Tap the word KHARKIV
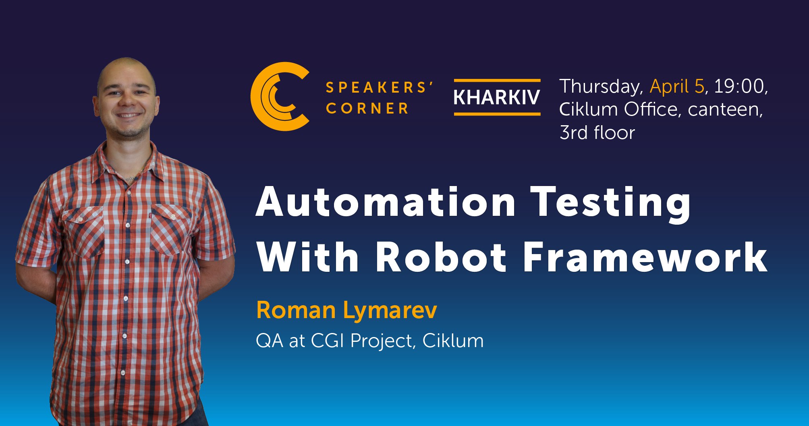pyautogui.click(x=497, y=97)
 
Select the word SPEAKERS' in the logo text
pyautogui.click(x=379, y=87)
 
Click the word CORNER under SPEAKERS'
pyautogui.click(x=367, y=108)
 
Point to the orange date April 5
pyautogui.click(x=677, y=86)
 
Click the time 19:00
pyautogui.click(x=739, y=86)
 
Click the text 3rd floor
pyautogui.click(x=597, y=132)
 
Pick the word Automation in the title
pyautogui.click(x=386, y=202)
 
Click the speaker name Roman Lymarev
pyautogui.click(x=346, y=310)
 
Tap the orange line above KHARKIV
pyautogui.click(x=497, y=81)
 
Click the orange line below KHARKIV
pyautogui.click(x=497, y=114)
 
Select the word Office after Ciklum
pyautogui.click(x=652, y=109)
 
